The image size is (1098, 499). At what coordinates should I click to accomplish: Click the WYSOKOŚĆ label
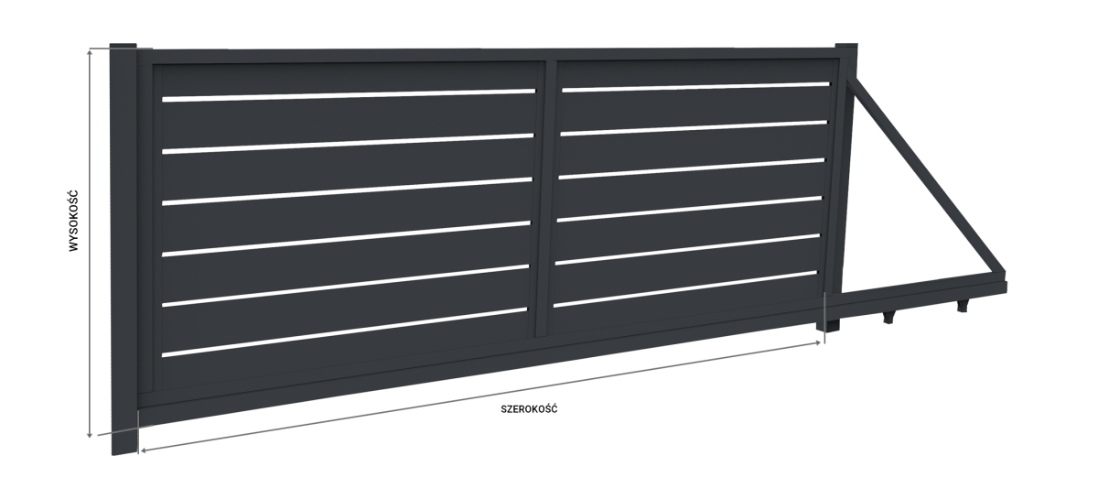point(73,221)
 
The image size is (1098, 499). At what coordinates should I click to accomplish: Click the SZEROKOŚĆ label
point(529,409)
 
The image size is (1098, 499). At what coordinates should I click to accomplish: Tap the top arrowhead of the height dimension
point(90,52)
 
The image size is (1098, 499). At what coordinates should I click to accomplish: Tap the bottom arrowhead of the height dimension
point(90,434)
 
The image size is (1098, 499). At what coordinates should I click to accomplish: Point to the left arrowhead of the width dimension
point(143,450)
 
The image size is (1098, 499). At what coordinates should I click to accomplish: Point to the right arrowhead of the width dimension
point(817,343)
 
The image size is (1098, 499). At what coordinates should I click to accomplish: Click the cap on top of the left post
point(123,46)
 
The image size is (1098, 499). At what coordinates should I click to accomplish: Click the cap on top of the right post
point(846,46)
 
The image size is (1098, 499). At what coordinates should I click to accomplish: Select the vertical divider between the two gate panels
point(544,199)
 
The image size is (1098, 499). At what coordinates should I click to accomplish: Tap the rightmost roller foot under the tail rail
point(963,306)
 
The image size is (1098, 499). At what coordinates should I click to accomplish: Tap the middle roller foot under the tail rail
point(888,317)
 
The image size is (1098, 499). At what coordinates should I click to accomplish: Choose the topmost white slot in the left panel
point(349,95)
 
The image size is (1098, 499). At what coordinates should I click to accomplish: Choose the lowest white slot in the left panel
point(344,331)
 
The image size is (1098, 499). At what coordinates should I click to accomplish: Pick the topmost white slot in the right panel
point(695,87)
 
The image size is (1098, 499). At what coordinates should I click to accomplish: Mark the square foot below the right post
point(828,325)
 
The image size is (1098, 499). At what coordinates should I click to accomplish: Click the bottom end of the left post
point(124,453)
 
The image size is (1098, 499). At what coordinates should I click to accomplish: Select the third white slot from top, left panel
point(347,190)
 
